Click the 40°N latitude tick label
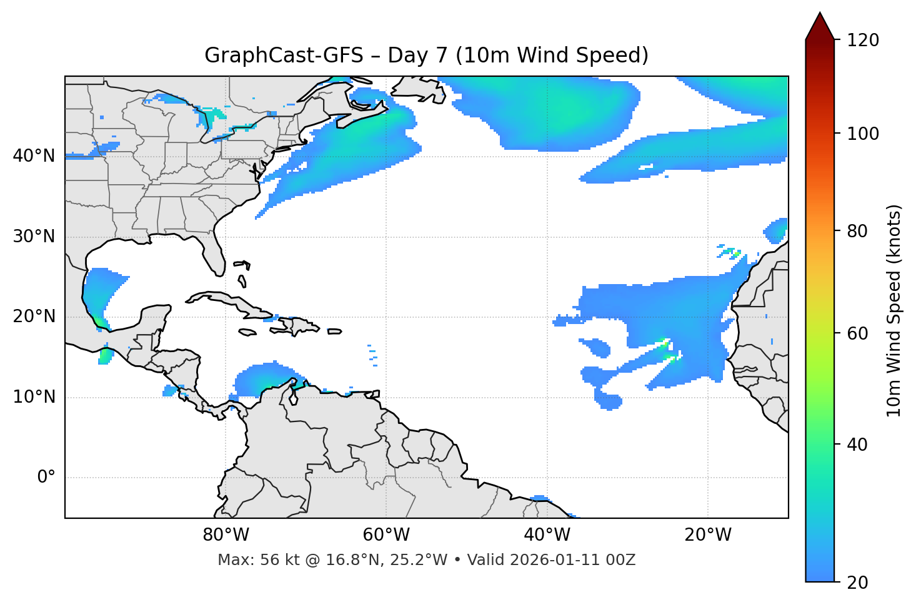coord(34,156)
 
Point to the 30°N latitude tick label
coord(34,237)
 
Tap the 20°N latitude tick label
coord(34,317)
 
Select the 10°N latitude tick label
coord(34,397)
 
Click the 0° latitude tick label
coord(46,478)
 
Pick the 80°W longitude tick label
coord(226,535)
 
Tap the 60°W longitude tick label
coord(386,535)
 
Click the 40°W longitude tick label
coord(547,535)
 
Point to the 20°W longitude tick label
coord(707,535)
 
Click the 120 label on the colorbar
coord(863,41)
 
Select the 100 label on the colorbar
coord(863,134)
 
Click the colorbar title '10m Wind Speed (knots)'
coord(894,311)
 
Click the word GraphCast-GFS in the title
coord(284,56)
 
